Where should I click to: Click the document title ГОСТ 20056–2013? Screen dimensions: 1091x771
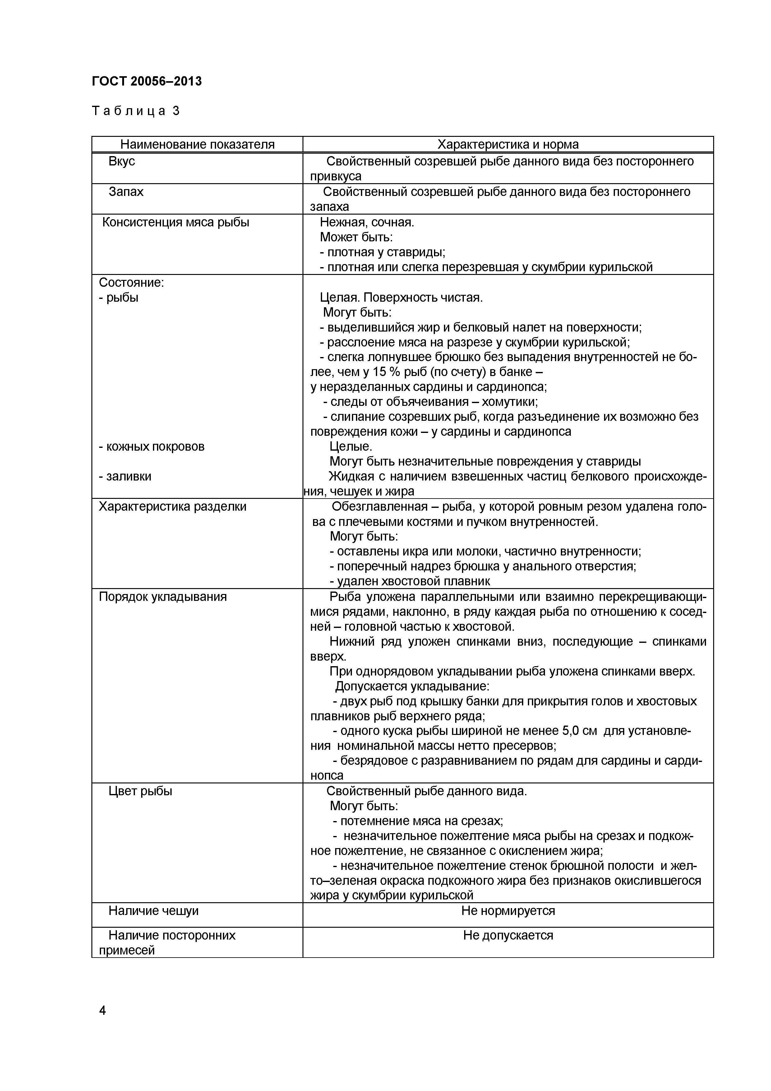(x=146, y=81)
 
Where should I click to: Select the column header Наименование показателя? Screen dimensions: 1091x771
(x=197, y=144)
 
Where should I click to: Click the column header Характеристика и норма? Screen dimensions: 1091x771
(x=508, y=144)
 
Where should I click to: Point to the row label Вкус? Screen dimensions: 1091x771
(x=122, y=161)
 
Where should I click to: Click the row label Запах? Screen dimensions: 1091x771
(x=126, y=192)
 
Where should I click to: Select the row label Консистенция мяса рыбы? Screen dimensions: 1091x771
(x=176, y=222)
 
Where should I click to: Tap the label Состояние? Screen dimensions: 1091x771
(x=131, y=282)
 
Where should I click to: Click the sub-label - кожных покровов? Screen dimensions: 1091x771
(x=151, y=446)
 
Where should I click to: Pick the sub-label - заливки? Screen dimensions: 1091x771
(x=125, y=476)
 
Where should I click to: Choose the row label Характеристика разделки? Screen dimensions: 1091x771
(x=173, y=507)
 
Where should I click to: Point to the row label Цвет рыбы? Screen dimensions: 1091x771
(x=140, y=791)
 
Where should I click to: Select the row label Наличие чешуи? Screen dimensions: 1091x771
(x=154, y=911)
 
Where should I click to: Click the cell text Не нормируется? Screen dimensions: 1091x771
(x=508, y=911)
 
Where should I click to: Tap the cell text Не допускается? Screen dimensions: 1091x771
(x=508, y=935)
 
